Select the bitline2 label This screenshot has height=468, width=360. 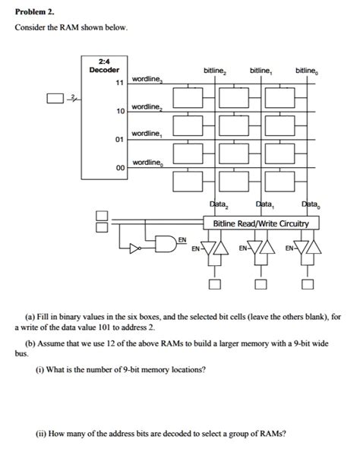click(x=215, y=71)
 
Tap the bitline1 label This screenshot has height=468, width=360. click(x=261, y=71)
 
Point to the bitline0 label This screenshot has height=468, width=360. click(x=308, y=71)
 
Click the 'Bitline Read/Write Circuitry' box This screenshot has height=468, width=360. click(x=261, y=223)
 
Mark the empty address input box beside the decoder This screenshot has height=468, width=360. click(x=52, y=97)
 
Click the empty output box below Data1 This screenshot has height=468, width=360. click(x=261, y=285)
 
